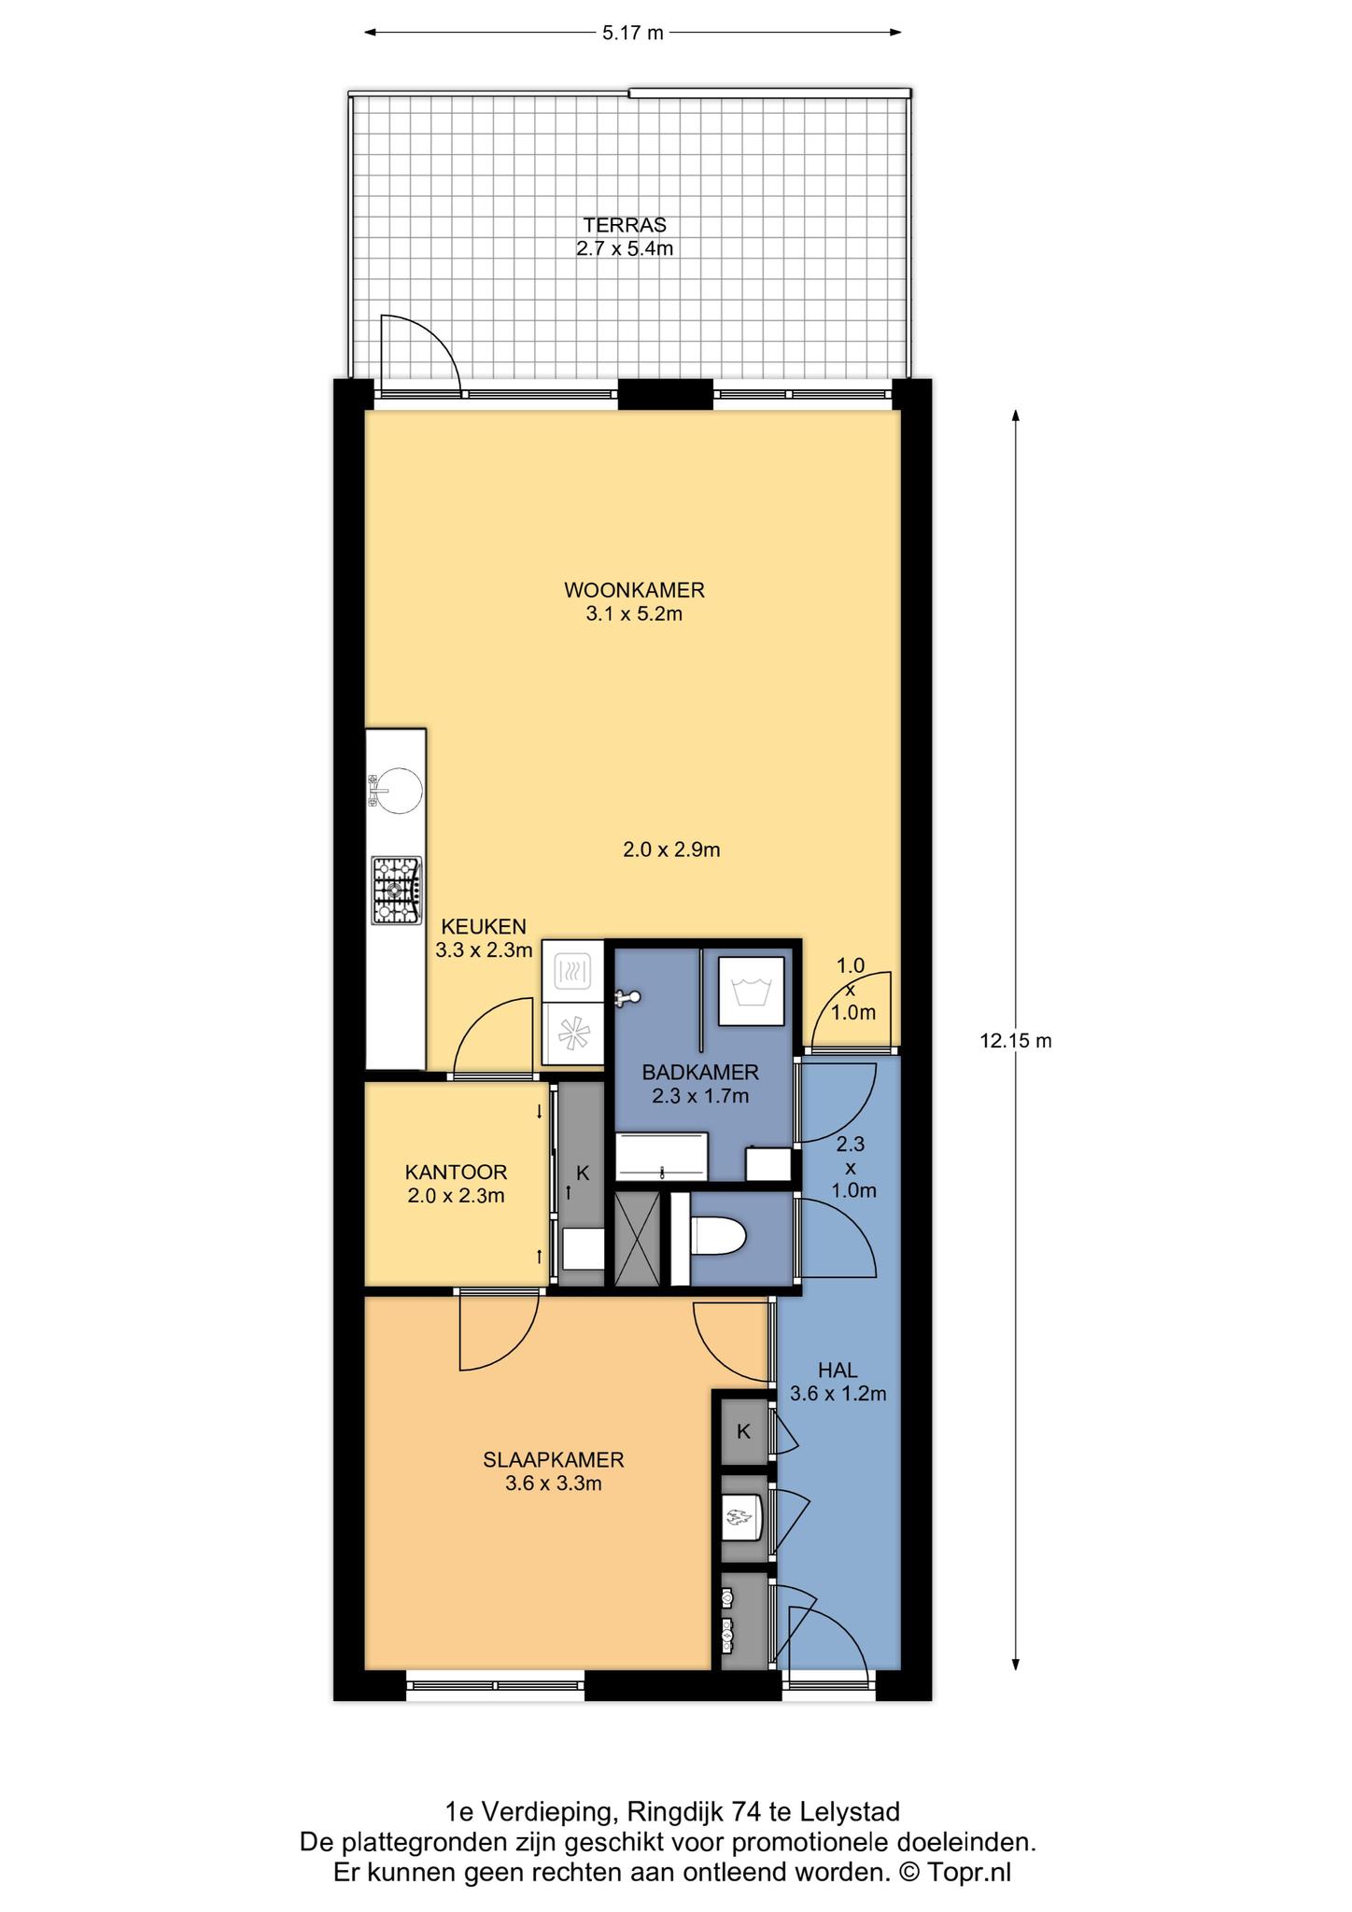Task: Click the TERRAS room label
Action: click(625, 225)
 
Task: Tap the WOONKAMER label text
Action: click(634, 590)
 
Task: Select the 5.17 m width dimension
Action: click(632, 33)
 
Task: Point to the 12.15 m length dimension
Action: click(1016, 1040)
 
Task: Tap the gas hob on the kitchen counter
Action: click(396, 891)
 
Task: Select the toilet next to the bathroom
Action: click(716, 1238)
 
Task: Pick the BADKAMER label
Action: click(700, 1072)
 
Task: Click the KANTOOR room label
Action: click(456, 1172)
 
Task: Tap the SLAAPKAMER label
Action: click(554, 1459)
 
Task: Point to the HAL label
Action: click(838, 1370)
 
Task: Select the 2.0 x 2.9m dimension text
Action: click(671, 850)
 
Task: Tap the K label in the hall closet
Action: click(744, 1431)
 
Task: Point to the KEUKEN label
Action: click(484, 927)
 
